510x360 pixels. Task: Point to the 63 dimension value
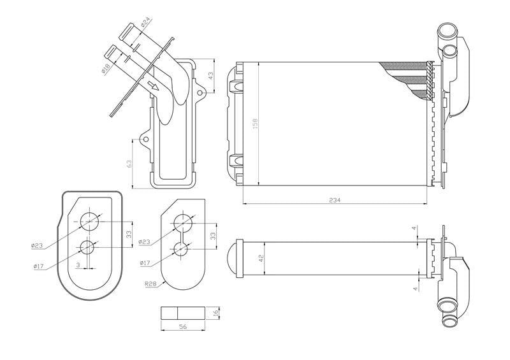(x=130, y=164)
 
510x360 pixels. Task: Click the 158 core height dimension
(x=255, y=123)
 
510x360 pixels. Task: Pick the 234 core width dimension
(x=335, y=200)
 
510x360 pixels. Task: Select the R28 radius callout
(x=151, y=285)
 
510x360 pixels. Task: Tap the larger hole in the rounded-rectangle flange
(x=90, y=221)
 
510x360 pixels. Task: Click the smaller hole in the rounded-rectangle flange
(x=88, y=246)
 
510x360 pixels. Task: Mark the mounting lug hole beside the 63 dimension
(x=145, y=139)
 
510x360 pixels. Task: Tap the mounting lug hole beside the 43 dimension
(x=200, y=93)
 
